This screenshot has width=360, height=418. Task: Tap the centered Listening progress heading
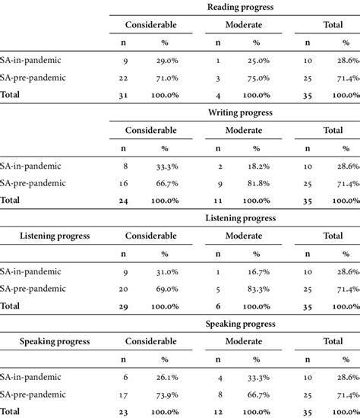coord(240,217)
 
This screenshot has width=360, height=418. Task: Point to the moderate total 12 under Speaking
coord(219,411)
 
